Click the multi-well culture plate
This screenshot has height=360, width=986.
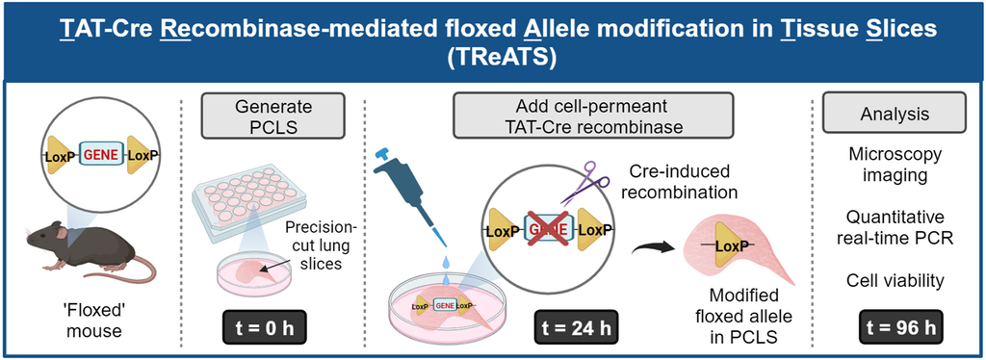pos(248,198)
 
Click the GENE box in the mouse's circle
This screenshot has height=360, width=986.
pos(100,154)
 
